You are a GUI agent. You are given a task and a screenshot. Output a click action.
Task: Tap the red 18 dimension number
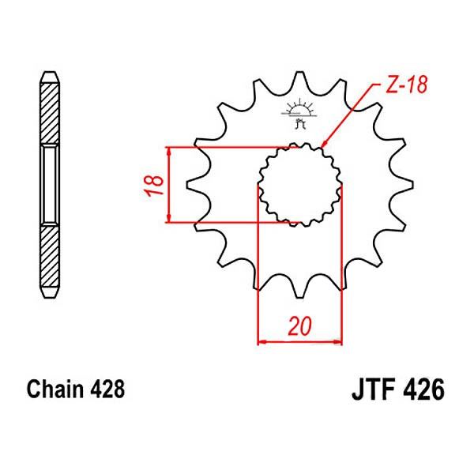(156, 185)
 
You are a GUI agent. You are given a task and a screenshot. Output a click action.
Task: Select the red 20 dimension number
(299, 327)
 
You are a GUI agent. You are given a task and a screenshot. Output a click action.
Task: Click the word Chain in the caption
(53, 390)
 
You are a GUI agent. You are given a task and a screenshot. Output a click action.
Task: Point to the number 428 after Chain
(104, 390)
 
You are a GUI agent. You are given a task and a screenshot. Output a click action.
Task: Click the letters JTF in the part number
(371, 390)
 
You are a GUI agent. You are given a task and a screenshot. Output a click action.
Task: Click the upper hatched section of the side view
(49, 111)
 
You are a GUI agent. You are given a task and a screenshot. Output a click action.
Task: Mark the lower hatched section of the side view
(49, 257)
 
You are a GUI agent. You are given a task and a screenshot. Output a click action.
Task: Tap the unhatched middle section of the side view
(49, 185)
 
